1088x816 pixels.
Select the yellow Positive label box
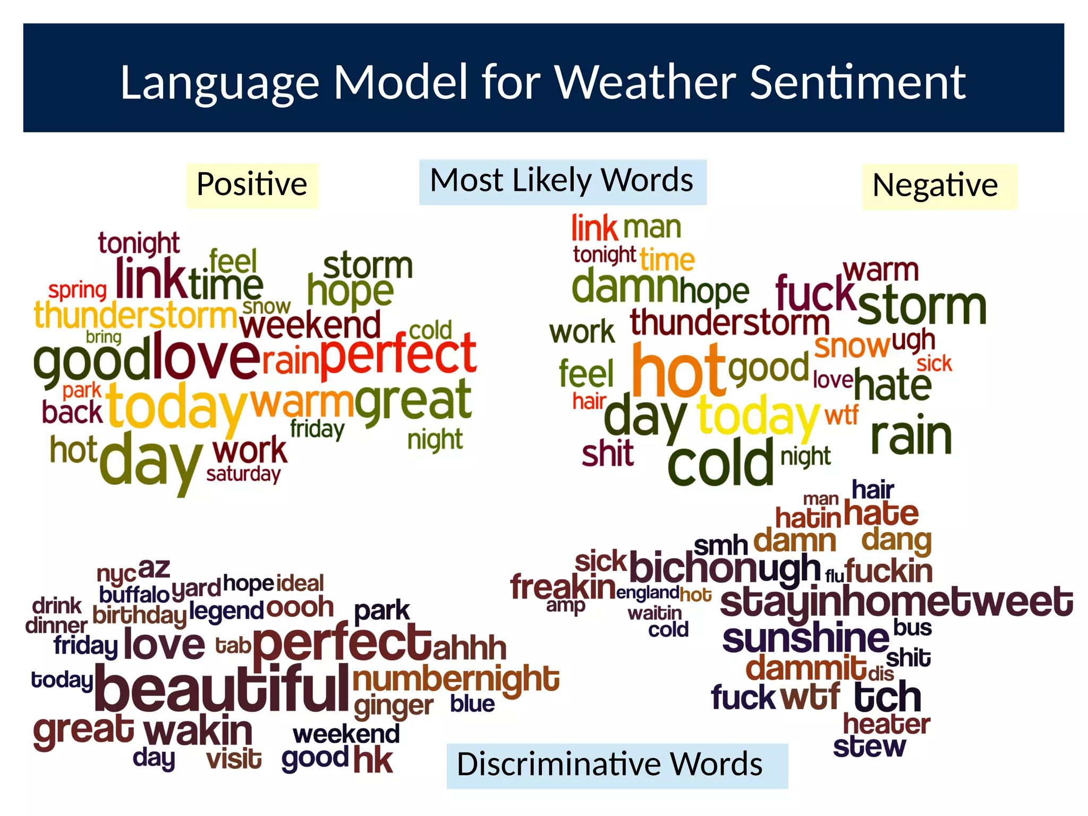[252, 185]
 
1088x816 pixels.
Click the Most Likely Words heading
[562, 181]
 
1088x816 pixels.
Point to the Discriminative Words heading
[616, 765]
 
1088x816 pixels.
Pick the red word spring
[78, 290]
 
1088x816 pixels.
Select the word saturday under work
[243, 474]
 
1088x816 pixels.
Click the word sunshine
[804, 638]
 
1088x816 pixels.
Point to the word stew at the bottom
[869, 747]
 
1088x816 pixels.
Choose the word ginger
[394, 706]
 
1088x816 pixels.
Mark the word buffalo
[134, 594]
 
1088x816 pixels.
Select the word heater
[886, 724]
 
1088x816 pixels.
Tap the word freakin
[562, 587]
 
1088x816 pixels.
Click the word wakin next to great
[198, 731]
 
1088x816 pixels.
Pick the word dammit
[805, 668]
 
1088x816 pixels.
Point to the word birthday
[139, 616]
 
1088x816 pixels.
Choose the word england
[647, 592]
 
